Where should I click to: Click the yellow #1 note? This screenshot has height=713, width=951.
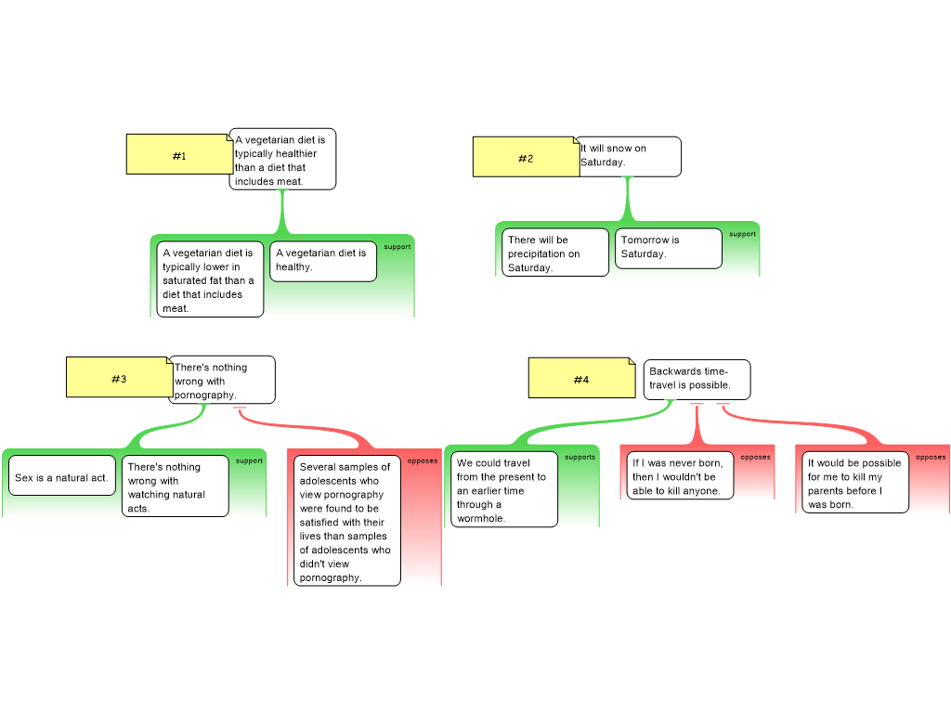(x=179, y=155)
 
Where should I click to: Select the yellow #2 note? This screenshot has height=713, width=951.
(x=526, y=158)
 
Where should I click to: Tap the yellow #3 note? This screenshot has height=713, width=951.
(x=119, y=378)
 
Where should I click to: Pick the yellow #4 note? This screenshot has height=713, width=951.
(x=581, y=379)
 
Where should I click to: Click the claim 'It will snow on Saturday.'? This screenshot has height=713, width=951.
(x=630, y=156)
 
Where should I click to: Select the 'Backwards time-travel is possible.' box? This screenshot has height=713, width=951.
(x=697, y=379)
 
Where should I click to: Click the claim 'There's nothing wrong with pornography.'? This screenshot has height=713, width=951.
(x=222, y=381)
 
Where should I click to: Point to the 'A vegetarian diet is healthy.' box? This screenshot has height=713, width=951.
(x=323, y=261)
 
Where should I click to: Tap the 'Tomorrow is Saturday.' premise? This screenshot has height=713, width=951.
(x=668, y=248)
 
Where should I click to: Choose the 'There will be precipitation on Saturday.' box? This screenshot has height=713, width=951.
(x=555, y=253)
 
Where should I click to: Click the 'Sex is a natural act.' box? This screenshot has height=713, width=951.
(x=62, y=477)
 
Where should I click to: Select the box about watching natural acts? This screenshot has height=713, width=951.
(x=175, y=486)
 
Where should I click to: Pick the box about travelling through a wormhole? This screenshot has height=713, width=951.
(x=504, y=490)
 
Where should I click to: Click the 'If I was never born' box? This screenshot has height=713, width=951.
(x=680, y=476)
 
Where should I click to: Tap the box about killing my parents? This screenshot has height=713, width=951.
(x=855, y=483)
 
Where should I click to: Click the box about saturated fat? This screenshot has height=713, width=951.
(x=210, y=279)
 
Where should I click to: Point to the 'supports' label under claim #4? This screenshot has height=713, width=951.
(x=580, y=457)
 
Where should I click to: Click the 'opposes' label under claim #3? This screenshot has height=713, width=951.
(x=423, y=460)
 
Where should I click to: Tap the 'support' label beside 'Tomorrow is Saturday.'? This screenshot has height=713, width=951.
(x=742, y=234)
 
